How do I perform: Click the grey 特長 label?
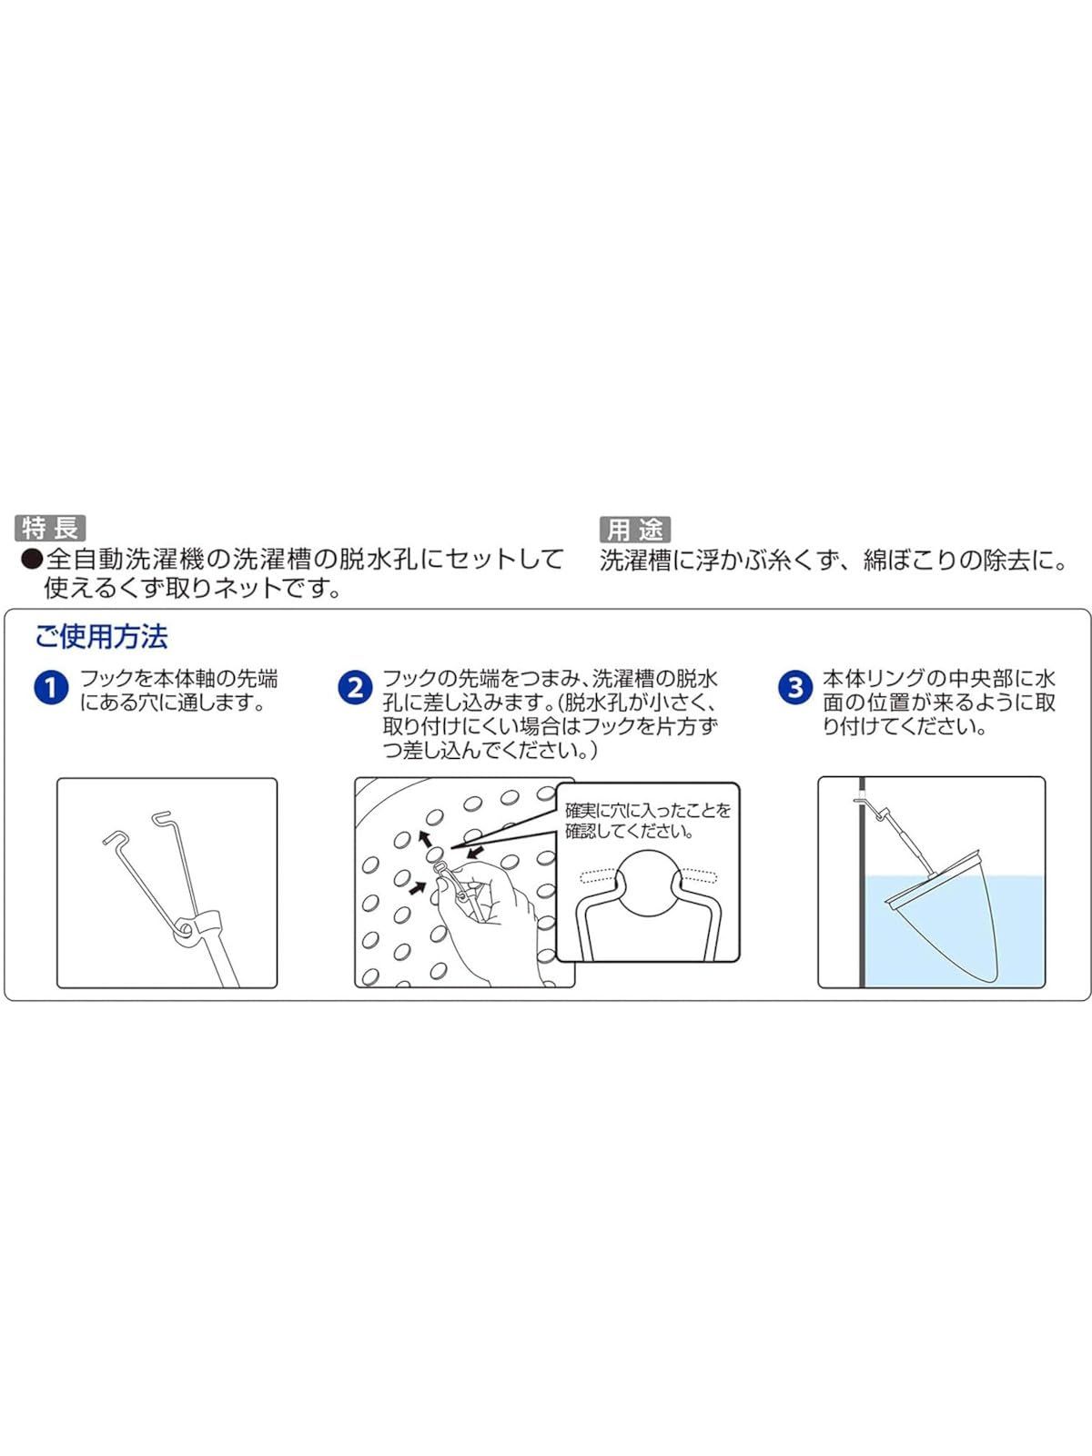[x=50, y=528]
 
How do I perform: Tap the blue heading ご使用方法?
[x=101, y=637]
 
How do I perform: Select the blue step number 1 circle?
[x=51, y=688]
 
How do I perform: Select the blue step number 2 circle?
[x=356, y=688]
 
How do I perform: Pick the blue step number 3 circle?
[x=795, y=688]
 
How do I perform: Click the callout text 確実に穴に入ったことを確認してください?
[x=648, y=821]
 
